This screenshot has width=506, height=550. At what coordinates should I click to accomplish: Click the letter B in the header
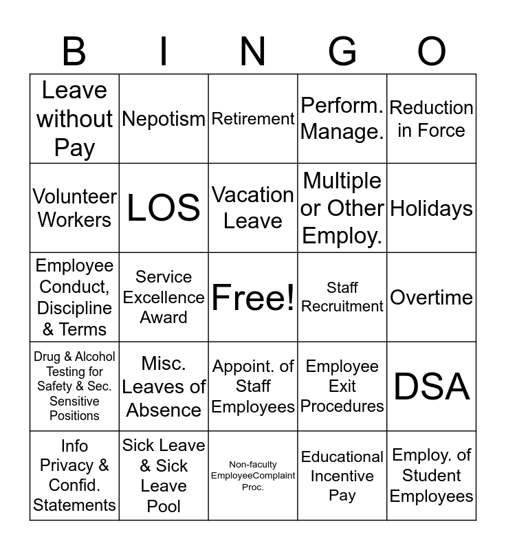coord(74,52)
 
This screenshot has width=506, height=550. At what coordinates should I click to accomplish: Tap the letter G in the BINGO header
coord(342,52)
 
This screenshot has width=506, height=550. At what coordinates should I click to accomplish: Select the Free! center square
coord(253,297)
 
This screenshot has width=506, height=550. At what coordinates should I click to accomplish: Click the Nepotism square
coord(164,119)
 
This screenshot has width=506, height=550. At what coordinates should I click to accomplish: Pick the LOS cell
coord(164,208)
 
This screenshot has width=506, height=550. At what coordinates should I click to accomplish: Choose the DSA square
coord(432,386)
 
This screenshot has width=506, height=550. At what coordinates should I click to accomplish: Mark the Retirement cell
coord(253,119)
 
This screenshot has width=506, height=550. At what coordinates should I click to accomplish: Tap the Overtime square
coord(432,297)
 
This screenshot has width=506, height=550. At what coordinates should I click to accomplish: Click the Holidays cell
coord(432,208)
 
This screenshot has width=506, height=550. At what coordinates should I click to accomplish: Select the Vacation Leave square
coord(253,208)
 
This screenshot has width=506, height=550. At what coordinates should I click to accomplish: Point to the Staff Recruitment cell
coord(342,297)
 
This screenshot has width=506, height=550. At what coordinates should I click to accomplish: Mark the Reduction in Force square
coord(432,119)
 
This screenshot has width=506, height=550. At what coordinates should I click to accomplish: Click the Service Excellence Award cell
coord(164,297)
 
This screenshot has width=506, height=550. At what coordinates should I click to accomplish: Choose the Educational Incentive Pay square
coord(342,476)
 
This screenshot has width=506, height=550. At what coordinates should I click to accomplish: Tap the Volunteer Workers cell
coord(74,208)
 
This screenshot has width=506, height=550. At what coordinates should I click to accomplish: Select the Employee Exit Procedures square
coord(342,386)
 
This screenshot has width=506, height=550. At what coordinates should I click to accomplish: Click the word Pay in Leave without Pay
coord(74,148)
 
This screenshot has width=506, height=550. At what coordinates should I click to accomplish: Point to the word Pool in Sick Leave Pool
coord(164,506)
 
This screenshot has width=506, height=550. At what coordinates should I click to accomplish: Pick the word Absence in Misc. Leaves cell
coord(164,410)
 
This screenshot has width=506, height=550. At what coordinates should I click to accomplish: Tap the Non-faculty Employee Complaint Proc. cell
coord(253,476)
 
